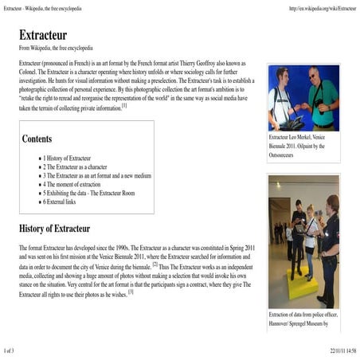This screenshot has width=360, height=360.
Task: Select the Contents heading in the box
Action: [x=37, y=139]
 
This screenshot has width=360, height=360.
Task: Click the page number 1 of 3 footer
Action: [x=14, y=350]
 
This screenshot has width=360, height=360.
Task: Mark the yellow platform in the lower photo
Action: [x=302, y=283]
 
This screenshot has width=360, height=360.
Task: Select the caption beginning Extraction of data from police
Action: [x=303, y=319]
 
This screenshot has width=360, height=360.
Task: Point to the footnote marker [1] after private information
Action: [x=125, y=104]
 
